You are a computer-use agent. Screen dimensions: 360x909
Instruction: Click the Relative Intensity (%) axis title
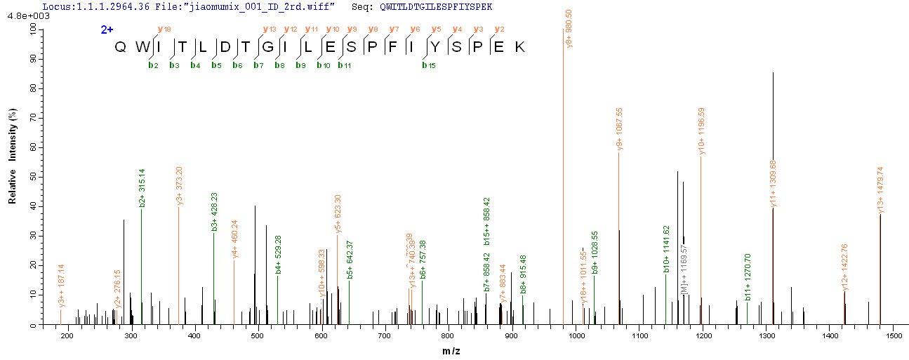(x=12, y=156)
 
